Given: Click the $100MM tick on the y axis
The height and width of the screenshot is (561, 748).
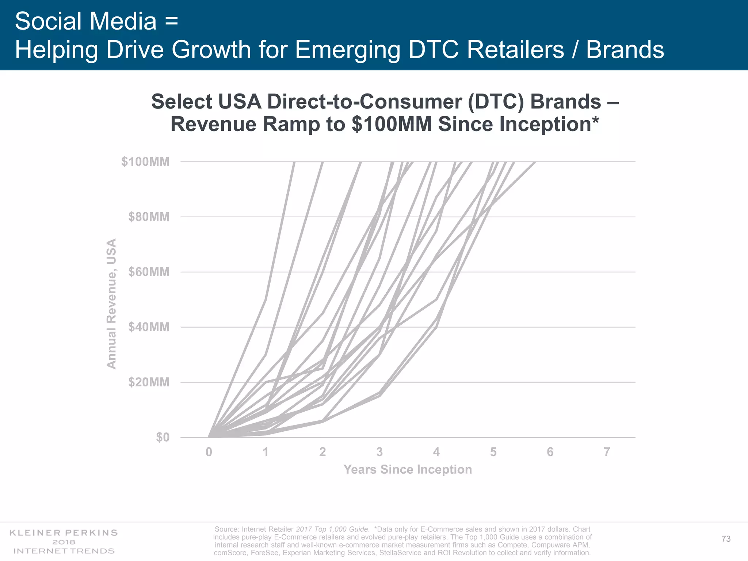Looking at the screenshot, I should click(x=145, y=161).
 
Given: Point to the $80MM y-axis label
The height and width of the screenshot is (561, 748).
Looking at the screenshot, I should click(x=149, y=217).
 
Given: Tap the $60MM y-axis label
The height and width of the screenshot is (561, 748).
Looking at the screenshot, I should click(x=149, y=272).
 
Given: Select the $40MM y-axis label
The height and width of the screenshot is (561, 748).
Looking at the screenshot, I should click(x=149, y=327).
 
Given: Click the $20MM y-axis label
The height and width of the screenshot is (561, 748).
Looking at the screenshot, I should click(x=149, y=382).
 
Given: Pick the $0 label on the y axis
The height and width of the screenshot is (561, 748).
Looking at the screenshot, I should click(x=163, y=437).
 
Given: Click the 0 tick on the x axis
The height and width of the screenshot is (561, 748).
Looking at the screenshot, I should click(x=209, y=452).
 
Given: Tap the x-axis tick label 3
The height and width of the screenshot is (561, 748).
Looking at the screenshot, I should click(x=379, y=452).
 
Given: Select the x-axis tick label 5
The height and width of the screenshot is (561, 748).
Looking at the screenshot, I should click(x=493, y=452).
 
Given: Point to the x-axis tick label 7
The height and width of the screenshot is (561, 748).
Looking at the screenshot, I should click(x=607, y=452).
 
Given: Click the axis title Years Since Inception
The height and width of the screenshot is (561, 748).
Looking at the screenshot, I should click(x=408, y=469).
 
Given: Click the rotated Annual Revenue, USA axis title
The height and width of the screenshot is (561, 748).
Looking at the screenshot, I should click(x=111, y=304).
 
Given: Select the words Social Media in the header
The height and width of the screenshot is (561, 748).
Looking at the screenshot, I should click(x=86, y=21).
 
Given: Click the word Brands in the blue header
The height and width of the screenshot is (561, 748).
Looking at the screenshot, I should click(x=625, y=50).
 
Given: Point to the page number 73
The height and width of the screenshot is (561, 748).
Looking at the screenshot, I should click(x=726, y=539).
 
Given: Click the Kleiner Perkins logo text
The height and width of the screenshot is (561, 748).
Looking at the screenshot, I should click(x=64, y=533).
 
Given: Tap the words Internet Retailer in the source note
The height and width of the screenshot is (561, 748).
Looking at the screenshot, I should click(x=267, y=529).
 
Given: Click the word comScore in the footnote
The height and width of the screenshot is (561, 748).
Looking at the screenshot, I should click(x=230, y=553).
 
